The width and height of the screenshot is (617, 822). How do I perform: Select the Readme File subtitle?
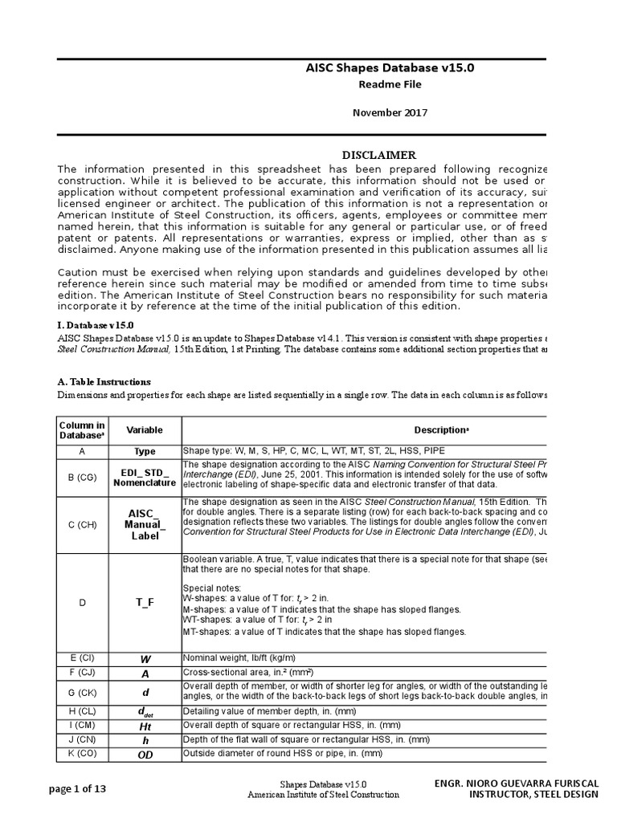[390, 84]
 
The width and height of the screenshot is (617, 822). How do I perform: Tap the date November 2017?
[390, 112]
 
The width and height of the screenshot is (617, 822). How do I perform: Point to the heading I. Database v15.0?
[93, 324]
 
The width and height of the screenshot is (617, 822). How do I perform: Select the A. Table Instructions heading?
[104, 381]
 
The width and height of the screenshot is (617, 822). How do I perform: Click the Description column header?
[440, 430]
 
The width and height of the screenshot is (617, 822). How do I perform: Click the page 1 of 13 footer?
[77, 789]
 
